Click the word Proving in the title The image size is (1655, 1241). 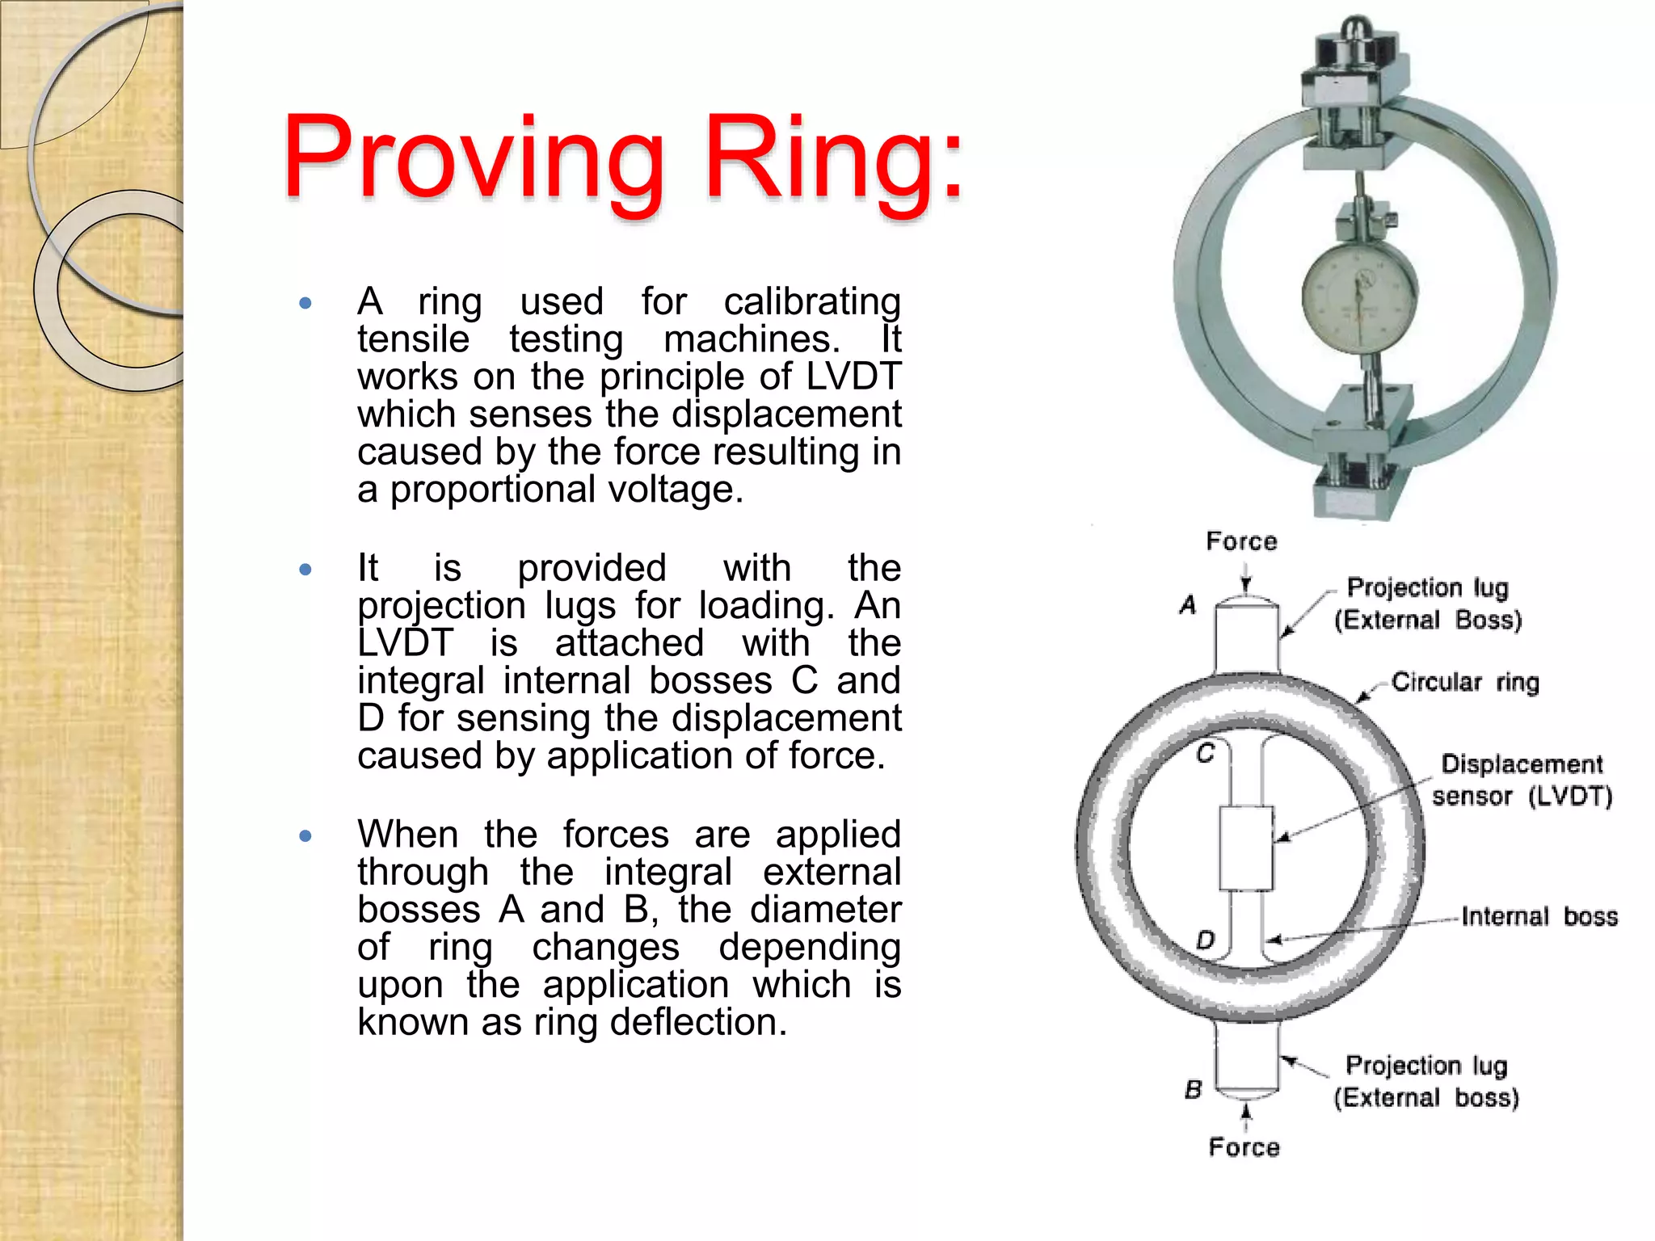[x=473, y=158]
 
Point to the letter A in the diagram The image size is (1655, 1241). [x=1187, y=604]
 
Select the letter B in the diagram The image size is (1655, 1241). [x=1194, y=1090]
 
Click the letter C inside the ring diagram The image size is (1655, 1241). [x=1206, y=754]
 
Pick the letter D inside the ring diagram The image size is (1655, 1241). [x=1205, y=940]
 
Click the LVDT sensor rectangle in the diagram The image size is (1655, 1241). [x=1245, y=848]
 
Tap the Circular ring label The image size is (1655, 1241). [x=1464, y=683]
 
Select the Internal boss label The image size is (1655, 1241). [x=1539, y=917]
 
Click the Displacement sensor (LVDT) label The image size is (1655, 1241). [x=1522, y=780]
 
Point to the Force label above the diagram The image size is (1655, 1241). [x=1241, y=541]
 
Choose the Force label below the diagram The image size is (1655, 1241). [x=1244, y=1147]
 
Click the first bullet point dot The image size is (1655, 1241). [x=305, y=304]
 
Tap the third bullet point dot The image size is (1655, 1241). [x=305, y=836]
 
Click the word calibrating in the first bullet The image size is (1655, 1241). [x=811, y=302]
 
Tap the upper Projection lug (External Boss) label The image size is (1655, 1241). [x=1427, y=604]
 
